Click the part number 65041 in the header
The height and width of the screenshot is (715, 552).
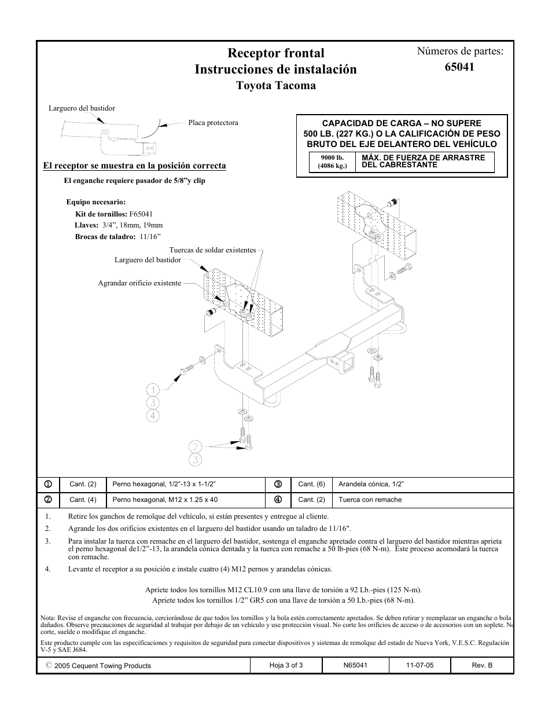pos(459,67)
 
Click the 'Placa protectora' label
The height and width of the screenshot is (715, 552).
pos(213,123)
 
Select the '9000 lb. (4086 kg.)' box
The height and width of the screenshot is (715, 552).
pos(332,162)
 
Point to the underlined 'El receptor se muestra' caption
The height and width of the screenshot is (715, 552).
pos(134,166)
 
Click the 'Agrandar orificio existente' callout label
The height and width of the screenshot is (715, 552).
pos(139,283)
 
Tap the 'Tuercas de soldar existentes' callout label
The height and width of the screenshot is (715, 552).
pos(212,250)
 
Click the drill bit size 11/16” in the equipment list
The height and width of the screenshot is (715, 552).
pos(150,236)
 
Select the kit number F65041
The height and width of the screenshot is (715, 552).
pos(141,214)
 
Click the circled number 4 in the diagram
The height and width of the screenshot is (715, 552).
pos(153,415)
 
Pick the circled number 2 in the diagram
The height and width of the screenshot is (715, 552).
pos(195,446)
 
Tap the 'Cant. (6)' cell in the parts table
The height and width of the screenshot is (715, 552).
pos(311,484)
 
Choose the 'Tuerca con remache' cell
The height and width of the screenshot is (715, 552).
pos(370,500)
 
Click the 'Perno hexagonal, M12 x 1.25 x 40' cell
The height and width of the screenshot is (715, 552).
pos(165,500)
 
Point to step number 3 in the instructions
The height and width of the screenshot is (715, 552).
pos(48,541)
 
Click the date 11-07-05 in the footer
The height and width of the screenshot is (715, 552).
pos(419,665)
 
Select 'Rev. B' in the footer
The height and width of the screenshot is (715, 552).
pos(482,665)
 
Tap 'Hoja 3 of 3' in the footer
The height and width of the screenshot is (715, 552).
pos(286,665)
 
